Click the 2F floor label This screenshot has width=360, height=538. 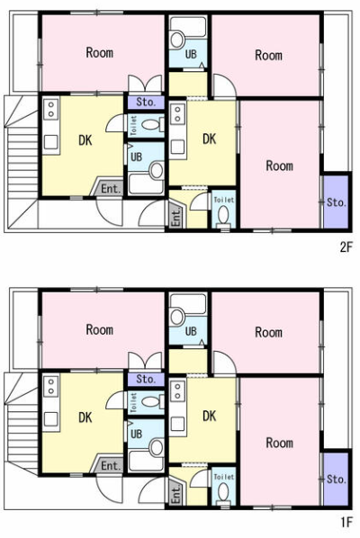click(346, 247)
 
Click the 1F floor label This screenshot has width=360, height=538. click(346, 522)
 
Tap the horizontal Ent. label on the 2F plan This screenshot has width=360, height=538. click(112, 189)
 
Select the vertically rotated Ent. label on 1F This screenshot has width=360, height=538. click(175, 495)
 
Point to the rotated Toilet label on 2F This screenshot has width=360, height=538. click(134, 125)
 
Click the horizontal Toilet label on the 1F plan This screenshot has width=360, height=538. click(224, 477)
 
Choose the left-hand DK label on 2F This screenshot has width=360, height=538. click(85, 140)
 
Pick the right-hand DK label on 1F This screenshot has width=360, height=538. click(210, 416)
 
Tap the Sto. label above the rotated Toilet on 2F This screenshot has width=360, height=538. click(146, 102)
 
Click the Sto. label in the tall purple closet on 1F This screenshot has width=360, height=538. click(337, 479)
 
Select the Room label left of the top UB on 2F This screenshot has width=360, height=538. click(100, 52)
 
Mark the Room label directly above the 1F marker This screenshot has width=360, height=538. click(280, 443)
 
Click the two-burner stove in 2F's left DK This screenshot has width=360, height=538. click(51, 109)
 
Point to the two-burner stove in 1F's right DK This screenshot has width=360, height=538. click(178, 391)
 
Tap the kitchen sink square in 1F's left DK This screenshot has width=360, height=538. click(50, 419)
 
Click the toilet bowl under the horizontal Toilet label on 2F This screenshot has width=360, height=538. click(224, 215)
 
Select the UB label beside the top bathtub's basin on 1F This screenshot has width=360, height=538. click(191, 331)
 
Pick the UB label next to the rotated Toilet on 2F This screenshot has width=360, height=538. click(136, 157)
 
